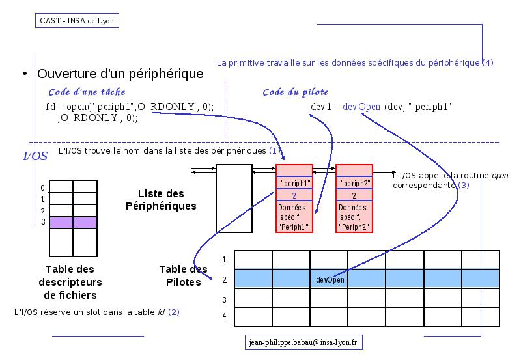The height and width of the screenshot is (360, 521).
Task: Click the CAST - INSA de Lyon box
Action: pos(77,21)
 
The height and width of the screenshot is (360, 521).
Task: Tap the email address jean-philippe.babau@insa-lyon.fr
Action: pos(303,342)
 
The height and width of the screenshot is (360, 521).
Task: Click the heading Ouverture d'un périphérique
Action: pos(120,74)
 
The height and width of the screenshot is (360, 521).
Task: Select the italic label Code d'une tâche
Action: pos(87,92)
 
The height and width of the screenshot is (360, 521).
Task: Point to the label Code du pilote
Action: pos(296,92)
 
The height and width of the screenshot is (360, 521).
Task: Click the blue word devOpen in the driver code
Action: pos(361,107)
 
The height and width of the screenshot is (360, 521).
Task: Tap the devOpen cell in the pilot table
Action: pos(330,280)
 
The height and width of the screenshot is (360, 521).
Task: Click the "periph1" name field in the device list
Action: pos(294,183)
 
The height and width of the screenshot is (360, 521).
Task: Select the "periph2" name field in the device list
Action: pos(354,183)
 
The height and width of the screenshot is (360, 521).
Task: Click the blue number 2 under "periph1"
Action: pos(294,195)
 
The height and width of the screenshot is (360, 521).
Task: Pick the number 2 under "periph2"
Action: pos(354,195)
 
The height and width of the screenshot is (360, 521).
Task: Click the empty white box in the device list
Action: pos(234,199)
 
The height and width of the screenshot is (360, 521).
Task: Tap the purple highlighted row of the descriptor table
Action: pos(73,223)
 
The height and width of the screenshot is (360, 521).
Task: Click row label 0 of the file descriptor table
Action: pos(42,188)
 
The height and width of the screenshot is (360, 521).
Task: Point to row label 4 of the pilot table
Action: pos(224,315)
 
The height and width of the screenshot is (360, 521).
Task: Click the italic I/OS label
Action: pos(35,156)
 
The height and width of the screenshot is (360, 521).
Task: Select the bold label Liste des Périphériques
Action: pos(161,200)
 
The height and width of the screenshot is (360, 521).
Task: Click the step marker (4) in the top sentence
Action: pos(487,62)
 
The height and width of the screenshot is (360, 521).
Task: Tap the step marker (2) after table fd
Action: pos(174,312)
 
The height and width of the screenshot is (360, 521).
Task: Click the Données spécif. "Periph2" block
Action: pos(354,217)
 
